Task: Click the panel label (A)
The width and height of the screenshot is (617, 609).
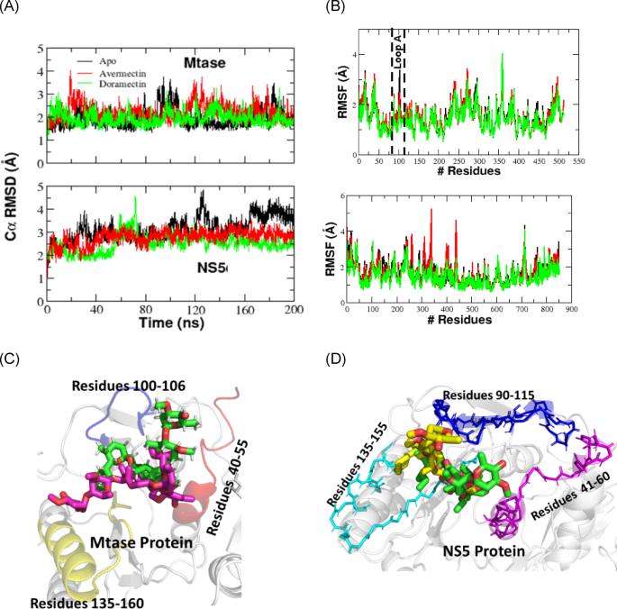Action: point(12,8)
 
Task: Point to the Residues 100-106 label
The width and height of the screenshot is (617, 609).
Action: point(130,385)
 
